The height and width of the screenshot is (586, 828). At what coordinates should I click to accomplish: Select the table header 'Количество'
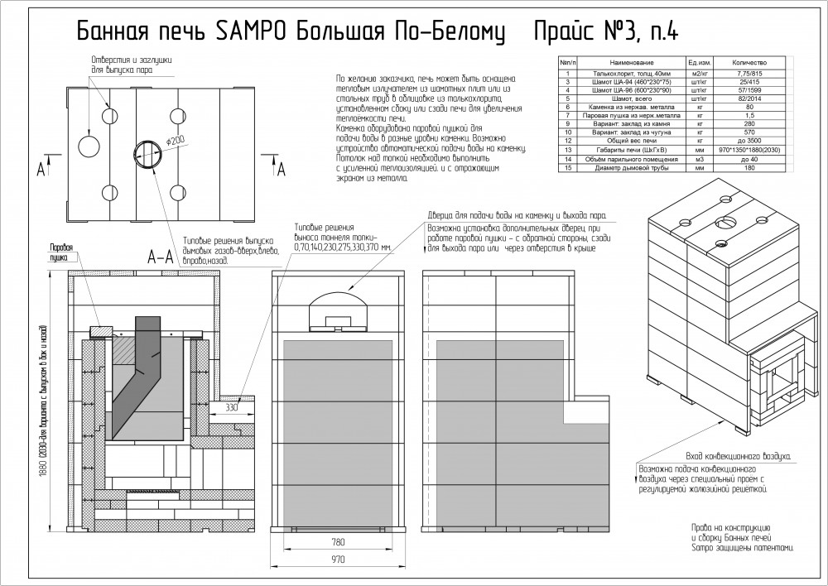click(x=749, y=63)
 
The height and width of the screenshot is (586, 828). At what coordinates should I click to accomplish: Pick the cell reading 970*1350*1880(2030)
click(x=749, y=149)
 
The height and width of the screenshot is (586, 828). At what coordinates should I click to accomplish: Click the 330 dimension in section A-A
click(x=233, y=408)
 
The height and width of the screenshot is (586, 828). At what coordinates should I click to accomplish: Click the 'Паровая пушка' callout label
click(x=63, y=252)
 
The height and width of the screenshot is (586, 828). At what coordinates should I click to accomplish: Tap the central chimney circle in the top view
click(x=147, y=153)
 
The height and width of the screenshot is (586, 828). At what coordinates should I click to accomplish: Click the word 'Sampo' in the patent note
click(x=701, y=548)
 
